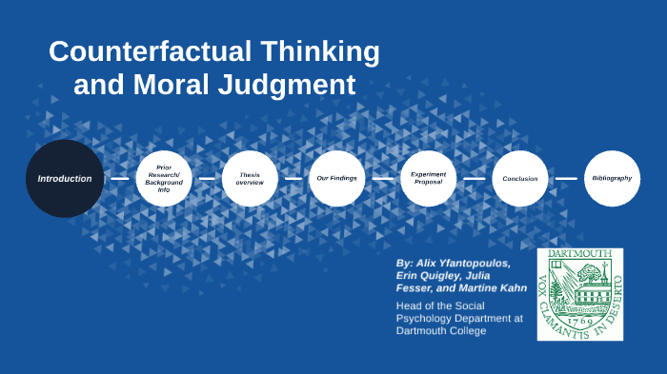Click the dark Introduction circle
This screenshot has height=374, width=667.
[x=65, y=178]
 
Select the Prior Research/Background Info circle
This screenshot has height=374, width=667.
[x=164, y=178]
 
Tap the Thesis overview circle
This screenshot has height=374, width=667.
[x=250, y=178]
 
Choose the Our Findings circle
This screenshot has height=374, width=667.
[x=336, y=178]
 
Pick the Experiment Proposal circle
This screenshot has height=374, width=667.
[x=428, y=178]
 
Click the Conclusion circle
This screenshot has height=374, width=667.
[x=520, y=178]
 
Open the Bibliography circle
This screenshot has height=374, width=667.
[x=612, y=178]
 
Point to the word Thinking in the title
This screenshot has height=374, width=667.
[x=320, y=51]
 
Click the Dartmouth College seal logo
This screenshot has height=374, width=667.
[x=580, y=293]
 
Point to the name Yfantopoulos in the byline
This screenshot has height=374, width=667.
[x=473, y=262]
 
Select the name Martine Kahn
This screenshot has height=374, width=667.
[x=488, y=288]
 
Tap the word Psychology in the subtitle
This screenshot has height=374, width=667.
[x=428, y=318]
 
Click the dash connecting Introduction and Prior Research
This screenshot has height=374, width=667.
[x=119, y=178]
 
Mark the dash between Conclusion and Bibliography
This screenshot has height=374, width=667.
[x=566, y=178]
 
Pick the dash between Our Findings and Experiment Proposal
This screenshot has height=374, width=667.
[x=382, y=178]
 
